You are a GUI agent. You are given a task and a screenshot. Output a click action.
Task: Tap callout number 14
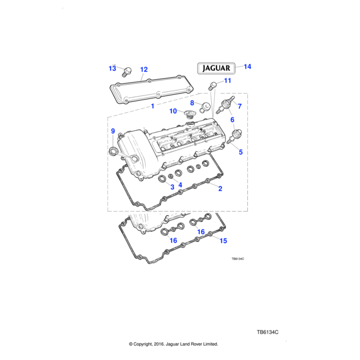247,67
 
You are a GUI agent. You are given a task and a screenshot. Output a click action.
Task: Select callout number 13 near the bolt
112,68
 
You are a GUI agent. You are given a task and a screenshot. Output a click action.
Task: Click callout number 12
143,69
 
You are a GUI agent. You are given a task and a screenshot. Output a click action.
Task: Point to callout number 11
227,80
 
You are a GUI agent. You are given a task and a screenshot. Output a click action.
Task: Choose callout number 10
172,111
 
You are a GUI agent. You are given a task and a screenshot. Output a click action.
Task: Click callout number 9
112,131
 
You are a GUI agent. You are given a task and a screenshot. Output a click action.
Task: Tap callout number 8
192,103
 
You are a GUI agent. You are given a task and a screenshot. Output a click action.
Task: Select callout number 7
239,107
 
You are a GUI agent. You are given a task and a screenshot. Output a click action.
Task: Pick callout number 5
241,152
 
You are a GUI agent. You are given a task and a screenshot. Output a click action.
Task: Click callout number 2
220,189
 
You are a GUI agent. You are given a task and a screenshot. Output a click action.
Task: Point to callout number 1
152,106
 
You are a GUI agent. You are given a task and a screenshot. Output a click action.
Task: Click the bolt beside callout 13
126,73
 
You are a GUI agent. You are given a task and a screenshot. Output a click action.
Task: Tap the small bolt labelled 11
212,87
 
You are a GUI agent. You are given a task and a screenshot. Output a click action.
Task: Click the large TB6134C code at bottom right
268,332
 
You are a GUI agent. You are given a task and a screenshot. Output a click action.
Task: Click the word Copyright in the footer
147,344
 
